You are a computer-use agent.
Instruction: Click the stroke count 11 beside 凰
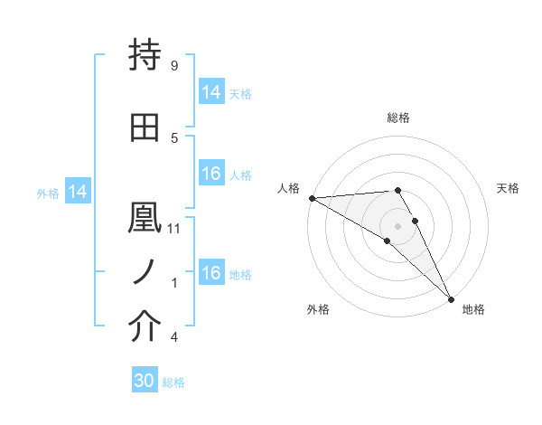pos(175,228)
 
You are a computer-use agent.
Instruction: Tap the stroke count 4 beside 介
pos(173,337)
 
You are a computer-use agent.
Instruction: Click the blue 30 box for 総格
pos(145,381)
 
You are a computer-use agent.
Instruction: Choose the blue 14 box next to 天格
pos(210,92)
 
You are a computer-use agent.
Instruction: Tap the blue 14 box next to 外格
pos(77,192)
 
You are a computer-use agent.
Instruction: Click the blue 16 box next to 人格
pos(210,174)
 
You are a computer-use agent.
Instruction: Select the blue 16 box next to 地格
pos(210,273)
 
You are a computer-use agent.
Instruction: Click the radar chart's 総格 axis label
pos(398,118)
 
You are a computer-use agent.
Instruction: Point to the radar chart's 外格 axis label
pos(318,309)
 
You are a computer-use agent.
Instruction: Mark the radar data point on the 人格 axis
pos(312,198)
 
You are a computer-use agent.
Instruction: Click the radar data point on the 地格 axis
pos(452,298)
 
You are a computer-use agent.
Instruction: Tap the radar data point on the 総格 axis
pos(398,190)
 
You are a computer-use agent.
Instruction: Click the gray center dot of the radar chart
pos(398,225)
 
